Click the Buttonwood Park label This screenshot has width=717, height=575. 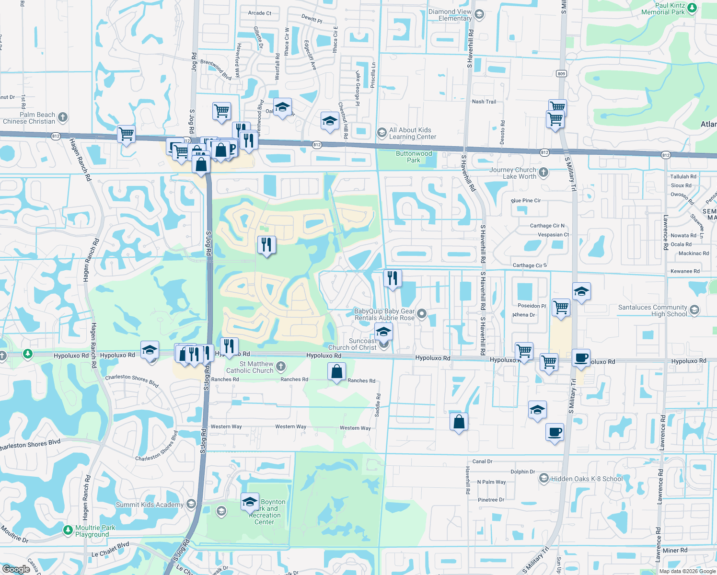[414, 157]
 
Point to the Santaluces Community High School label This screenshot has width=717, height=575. [652, 311]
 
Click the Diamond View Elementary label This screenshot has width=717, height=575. [450, 15]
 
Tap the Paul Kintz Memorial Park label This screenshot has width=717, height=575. [670, 9]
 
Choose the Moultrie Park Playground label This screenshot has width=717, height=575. [95, 531]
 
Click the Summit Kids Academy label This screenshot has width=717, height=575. [150, 505]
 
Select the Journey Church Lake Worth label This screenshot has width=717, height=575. [513, 173]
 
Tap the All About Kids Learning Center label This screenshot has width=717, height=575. [412, 133]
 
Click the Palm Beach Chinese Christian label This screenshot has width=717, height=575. [29, 118]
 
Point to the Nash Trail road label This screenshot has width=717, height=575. [484, 102]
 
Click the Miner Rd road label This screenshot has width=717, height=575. [675, 550]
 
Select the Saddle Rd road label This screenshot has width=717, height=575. [378, 405]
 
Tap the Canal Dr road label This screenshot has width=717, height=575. [482, 461]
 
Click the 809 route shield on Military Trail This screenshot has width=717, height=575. [562, 73]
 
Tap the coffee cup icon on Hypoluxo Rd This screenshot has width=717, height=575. [581, 357]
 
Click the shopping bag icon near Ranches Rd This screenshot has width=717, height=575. [336, 371]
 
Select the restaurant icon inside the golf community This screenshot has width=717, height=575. [266, 245]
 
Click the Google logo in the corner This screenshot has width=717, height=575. [16, 569]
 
